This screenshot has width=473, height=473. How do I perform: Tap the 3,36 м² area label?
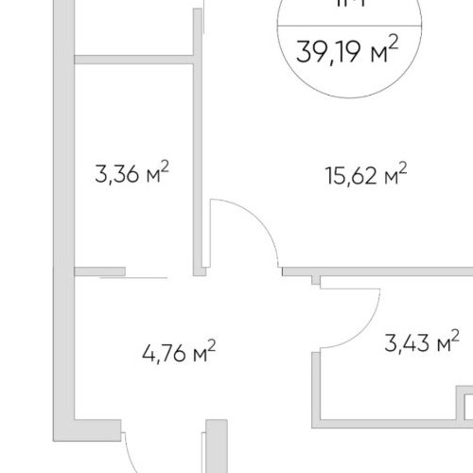point(131,175)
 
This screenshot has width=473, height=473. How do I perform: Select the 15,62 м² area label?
point(353,175)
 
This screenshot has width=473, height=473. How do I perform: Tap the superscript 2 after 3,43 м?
point(455,335)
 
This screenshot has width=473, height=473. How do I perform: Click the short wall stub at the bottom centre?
point(216,445)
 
